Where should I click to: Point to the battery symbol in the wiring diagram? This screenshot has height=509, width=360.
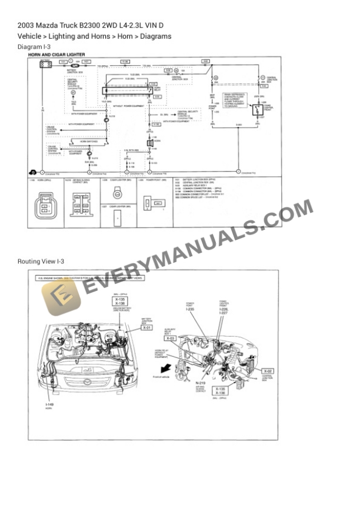tap(45, 63)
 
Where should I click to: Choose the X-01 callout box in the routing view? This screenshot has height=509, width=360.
tap(148, 327)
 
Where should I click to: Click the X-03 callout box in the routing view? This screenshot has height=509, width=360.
tap(171, 339)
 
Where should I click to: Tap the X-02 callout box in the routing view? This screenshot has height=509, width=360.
tap(268, 371)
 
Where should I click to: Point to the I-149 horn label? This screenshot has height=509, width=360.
tap(49, 405)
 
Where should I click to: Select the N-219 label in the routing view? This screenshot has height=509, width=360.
tap(201, 383)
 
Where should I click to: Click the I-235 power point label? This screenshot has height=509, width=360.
tap(190, 309)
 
